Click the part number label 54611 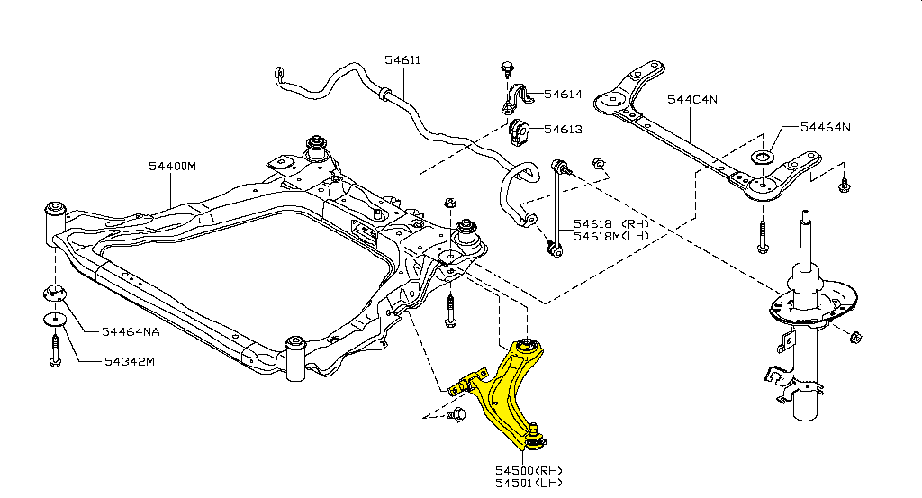pos(402,60)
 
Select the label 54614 pos(563,94)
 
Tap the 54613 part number pos(563,130)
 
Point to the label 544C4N pos(691,100)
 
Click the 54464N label pos(825,127)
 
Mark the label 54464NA pos(130,331)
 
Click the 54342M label pos(128,362)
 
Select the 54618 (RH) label pos(599,223)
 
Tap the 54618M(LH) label pos(599,236)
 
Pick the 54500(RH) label pos(529,470)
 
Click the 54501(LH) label pos(529,484)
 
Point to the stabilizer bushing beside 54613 pos(518,131)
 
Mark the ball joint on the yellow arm pos(534,437)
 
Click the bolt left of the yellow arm pos(457,415)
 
